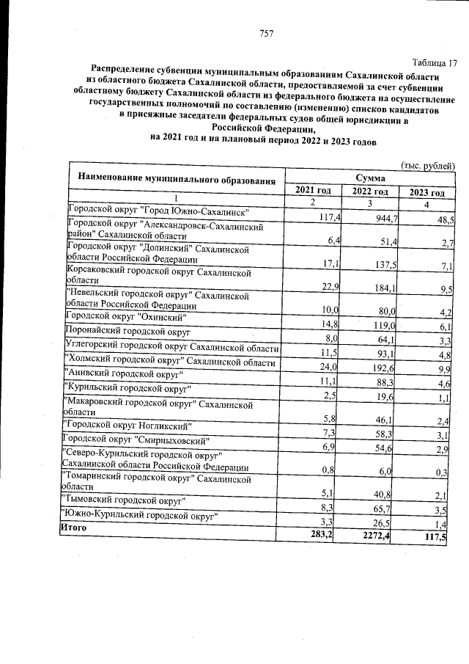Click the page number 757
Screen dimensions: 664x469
[266, 32]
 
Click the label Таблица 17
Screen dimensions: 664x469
[434, 62]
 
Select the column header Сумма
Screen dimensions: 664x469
[371, 178]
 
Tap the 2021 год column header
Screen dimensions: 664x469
[313, 191]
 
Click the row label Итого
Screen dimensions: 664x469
[74, 527]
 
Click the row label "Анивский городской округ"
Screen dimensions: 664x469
[122, 375]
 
